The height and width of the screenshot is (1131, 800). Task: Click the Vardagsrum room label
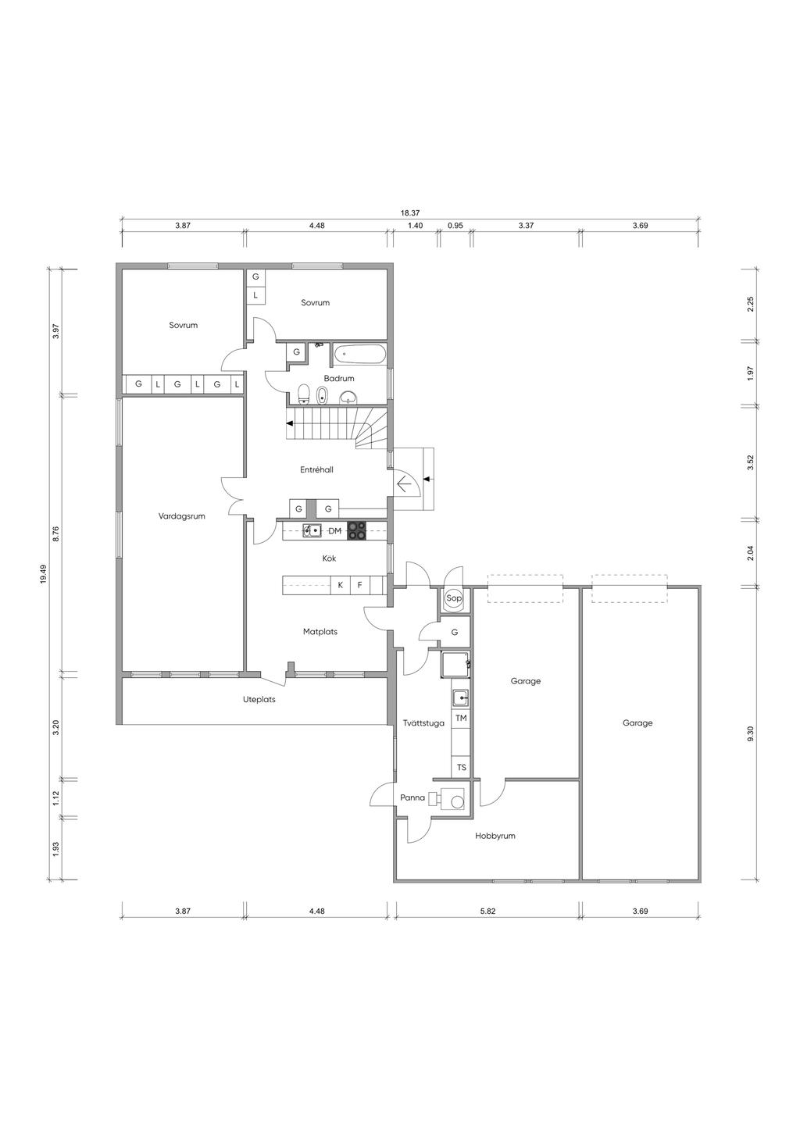(x=182, y=516)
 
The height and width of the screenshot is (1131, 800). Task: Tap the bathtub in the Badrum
(x=360, y=354)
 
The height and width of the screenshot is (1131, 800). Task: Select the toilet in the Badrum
(x=304, y=394)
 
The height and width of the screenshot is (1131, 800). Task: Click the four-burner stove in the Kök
(x=356, y=530)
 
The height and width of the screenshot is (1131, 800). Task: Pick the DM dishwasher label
(x=335, y=530)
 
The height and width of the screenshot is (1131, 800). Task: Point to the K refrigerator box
(x=341, y=585)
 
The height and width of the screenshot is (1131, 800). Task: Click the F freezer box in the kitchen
(x=360, y=585)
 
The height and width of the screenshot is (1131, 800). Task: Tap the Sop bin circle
(x=454, y=598)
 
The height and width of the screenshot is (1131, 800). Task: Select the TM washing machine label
(x=461, y=718)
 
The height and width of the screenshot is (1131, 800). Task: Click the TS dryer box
(x=461, y=767)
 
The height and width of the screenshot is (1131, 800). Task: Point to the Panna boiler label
(x=412, y=797)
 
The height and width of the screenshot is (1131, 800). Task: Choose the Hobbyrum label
(x=495, y=836)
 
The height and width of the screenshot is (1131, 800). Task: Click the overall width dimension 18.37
(x=410, y=213)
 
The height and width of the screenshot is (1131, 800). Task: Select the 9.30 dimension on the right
(x=750, y=733)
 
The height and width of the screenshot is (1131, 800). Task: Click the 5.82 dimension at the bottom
(x=487, y=912)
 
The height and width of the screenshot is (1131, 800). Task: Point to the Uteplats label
(x=259, y=700)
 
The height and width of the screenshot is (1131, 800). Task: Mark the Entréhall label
(x=316, y=469)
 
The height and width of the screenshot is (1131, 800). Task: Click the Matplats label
(x=320, y=632)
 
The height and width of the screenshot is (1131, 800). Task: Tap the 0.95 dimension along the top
(x=455, y=226)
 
